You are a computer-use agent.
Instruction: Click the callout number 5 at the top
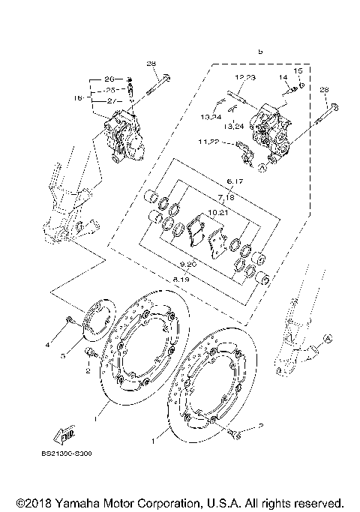[x=260, y=52]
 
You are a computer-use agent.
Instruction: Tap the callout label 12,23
[x=244, y=78]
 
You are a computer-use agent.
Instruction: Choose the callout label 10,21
[x=217, y=212]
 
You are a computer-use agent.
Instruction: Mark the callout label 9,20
[x=189, y=265]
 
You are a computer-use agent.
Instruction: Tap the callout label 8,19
[x=181, y=278]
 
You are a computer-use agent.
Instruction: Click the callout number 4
[x=46, y=345]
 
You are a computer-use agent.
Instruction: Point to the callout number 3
[x=65, y=358]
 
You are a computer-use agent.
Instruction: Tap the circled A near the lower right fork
[x=327, y=339]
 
